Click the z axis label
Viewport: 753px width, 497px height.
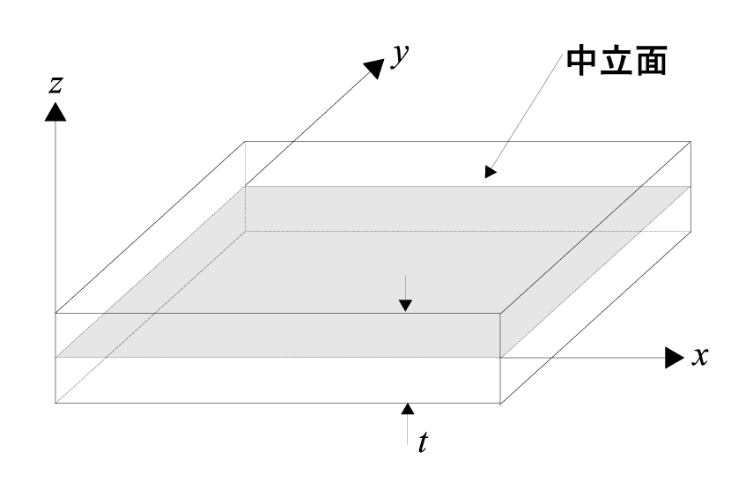(x=55, y=85)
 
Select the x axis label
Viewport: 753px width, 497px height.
(x=700, y=357)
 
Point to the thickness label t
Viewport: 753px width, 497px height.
(x=424, y=441)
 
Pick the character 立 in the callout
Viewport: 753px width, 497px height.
(x=617, y=62)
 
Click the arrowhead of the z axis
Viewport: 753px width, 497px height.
(x=55, y=111)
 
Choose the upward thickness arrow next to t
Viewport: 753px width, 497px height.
(x=406, y=411)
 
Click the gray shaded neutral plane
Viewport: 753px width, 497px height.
(x=370, y=264)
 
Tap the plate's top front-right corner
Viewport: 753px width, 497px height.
(x=501, y=313)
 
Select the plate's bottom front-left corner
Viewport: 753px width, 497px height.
(x=55, y=403)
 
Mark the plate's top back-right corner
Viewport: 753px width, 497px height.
(x=690, y=141)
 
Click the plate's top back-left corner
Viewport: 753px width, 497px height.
(x=245, y=141)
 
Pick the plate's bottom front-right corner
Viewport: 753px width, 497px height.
(x=501, y=403)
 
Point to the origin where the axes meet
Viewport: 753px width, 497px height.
(x=55, y=357)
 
